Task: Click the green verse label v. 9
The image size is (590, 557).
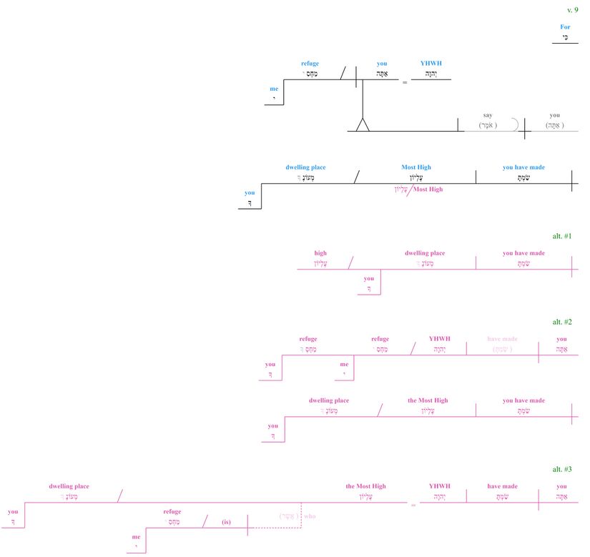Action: tap(572, 10)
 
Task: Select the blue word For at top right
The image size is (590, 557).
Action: tap(565, 26)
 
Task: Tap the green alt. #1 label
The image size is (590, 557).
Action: tap(562, 236)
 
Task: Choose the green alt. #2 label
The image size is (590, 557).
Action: tap(562, 323)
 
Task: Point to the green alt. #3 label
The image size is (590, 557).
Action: tap(562, 469)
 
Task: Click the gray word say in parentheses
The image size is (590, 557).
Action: tap(488, 115)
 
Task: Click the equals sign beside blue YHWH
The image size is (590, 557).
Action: tap(404, 82)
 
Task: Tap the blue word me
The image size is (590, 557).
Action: tap(274, 89)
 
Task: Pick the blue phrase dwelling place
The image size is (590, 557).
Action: tap(305, 167)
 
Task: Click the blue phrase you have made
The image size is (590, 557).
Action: tap(523, 167)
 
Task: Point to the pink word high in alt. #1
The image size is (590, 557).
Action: tap(320, 253)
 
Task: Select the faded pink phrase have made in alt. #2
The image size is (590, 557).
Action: tap(502, 339)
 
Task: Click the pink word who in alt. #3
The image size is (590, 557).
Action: tap(310, 515)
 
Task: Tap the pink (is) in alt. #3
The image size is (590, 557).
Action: tap(227, 522)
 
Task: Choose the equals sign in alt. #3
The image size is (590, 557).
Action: tap(413, 506)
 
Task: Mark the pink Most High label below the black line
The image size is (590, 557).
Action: tap(428, 189)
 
